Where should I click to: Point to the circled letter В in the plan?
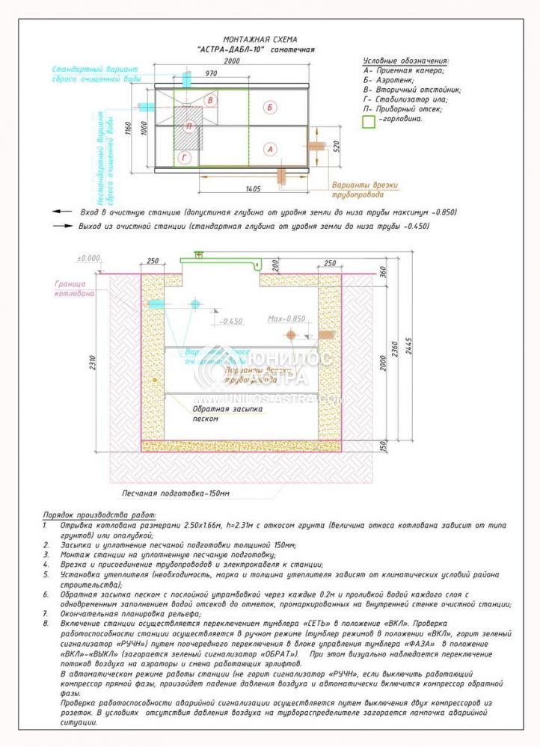point(211,100)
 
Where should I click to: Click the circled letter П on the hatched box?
point(189,126)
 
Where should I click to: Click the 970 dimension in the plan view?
point(210,73)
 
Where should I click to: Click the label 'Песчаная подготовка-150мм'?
point(177,494)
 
